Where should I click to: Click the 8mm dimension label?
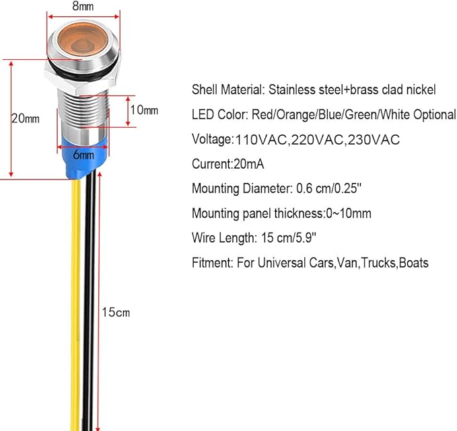[83, 6]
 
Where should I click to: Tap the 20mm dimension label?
[26, 118]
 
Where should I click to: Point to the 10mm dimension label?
[144, 110]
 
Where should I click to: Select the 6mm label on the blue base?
[83, 155]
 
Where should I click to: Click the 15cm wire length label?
[116, 312]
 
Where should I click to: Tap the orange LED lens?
[83, 40]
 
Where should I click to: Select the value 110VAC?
[261, 140]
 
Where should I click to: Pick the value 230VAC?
[374, 140]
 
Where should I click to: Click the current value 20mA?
[248, 164]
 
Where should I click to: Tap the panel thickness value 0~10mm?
[349, 213]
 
